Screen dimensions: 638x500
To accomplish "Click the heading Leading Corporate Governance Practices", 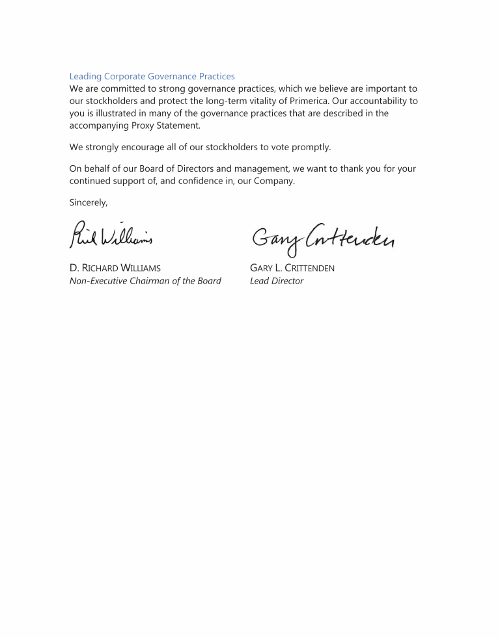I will pos(152,77).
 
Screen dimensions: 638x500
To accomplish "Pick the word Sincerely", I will pos(89,203).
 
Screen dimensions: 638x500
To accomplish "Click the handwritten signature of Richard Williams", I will pos(111,235).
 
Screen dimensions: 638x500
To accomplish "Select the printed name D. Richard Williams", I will pos(115,268).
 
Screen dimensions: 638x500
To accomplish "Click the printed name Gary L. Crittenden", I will pos(292,268).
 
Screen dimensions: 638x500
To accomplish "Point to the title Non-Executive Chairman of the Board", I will pos(145,281).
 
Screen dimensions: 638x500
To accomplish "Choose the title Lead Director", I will pos(277,281).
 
